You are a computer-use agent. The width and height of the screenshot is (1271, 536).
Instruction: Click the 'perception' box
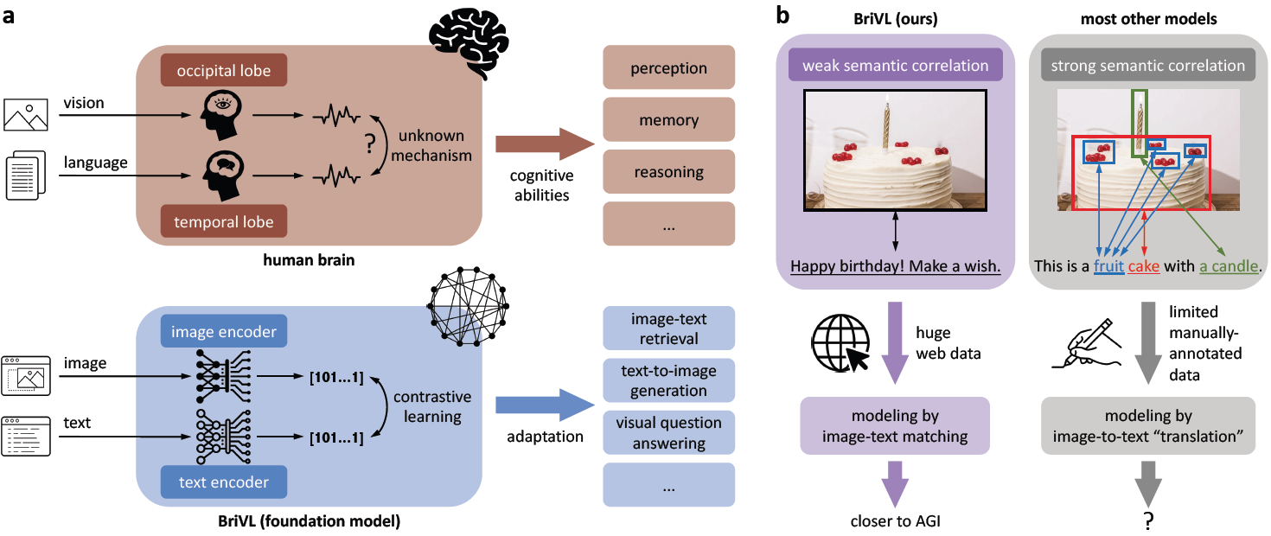(667, 67)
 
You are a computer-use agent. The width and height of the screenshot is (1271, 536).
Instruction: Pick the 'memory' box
(667, 119)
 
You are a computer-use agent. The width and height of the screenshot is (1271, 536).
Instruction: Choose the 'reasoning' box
(667, 172)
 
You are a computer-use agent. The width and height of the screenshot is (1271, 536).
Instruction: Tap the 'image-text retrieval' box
(667, 329)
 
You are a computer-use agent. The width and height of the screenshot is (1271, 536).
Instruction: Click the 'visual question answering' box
(667, 433)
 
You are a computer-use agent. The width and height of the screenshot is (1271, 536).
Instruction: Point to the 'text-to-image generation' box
(667, 380)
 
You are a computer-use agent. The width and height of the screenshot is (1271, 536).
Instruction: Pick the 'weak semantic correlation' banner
(894, 66)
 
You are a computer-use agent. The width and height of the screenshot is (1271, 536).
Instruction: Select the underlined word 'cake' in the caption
(1144, 266)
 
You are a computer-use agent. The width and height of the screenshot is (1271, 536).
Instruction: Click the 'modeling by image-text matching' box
(894, 426)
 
